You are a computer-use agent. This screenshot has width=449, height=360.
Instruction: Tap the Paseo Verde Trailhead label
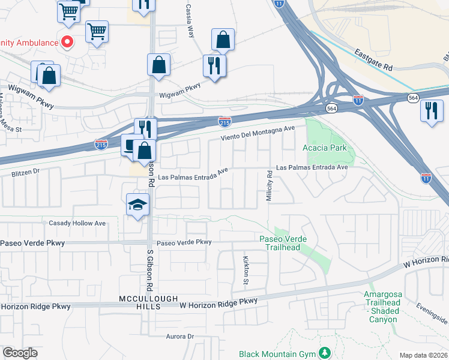(283, 243)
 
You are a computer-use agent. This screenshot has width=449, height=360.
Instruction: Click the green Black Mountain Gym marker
(325, 353)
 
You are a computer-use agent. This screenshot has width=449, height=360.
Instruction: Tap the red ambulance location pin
(67, 43)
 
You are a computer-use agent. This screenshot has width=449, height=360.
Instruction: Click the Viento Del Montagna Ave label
(258, 132)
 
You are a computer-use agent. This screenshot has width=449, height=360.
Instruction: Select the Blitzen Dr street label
(25, 171)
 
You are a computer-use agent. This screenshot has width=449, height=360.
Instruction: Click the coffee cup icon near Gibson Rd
(130, 144)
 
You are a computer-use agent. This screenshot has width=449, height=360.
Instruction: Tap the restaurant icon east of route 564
(432, 111)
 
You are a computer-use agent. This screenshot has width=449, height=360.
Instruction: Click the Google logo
(20, 353)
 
